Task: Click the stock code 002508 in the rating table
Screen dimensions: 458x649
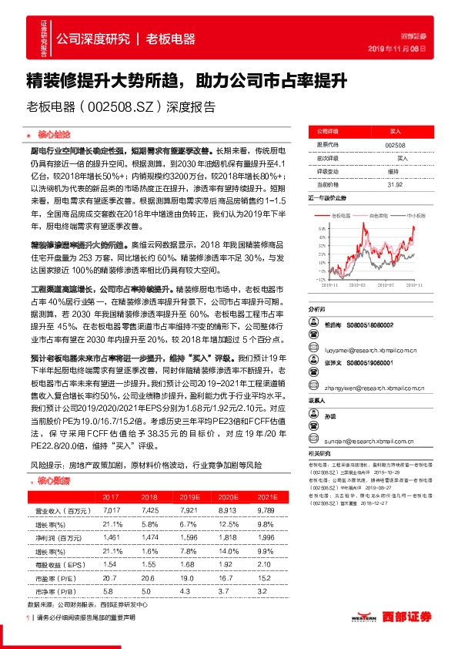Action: [x=393, y=145]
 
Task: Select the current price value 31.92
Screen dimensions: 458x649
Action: [x=393, y=184]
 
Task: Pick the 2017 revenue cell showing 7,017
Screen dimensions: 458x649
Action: [x=112, y=510]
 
